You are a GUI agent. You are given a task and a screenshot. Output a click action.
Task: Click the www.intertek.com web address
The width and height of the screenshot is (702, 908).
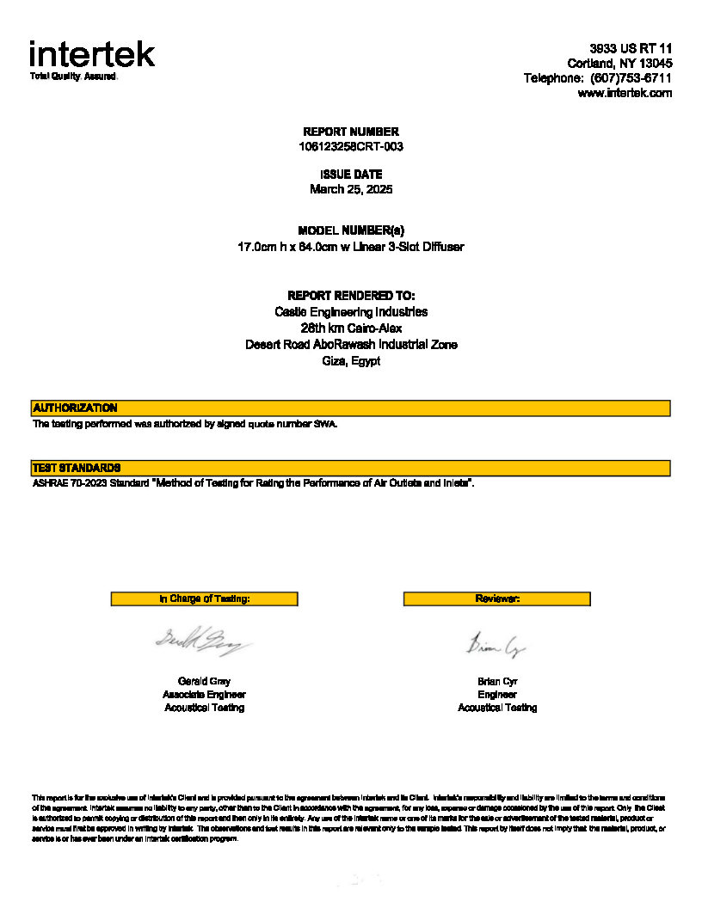625,93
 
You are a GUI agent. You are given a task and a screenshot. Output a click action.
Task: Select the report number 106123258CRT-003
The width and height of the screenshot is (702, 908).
351,146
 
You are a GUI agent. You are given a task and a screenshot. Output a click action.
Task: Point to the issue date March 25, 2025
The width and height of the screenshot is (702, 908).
351,189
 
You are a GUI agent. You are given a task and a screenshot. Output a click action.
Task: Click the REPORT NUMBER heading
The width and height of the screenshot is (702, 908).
351,132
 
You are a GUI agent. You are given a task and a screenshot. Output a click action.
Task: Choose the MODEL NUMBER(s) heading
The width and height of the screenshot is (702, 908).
351,230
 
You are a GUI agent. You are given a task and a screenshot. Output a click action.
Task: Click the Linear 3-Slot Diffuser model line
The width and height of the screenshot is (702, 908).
351,247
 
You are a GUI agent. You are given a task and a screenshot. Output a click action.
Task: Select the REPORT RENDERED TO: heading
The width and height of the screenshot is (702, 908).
351,296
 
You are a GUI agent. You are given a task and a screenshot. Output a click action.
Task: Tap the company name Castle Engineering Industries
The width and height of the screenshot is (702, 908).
351,312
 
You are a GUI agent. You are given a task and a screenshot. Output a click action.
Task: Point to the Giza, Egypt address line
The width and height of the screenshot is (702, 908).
351,361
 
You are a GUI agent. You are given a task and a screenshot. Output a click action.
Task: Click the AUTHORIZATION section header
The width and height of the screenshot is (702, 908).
75,408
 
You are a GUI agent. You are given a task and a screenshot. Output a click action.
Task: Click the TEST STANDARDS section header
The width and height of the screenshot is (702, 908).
77,468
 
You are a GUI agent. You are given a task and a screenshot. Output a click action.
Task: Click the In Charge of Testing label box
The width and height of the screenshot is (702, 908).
205,598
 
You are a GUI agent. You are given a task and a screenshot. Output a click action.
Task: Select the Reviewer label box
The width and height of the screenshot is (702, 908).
497,598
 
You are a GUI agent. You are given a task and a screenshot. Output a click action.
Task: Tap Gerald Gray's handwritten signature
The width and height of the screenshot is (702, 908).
203,641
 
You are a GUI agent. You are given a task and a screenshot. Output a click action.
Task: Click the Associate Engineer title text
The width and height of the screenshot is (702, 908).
205,695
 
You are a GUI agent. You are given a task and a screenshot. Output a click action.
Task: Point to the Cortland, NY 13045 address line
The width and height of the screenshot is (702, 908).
619,64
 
